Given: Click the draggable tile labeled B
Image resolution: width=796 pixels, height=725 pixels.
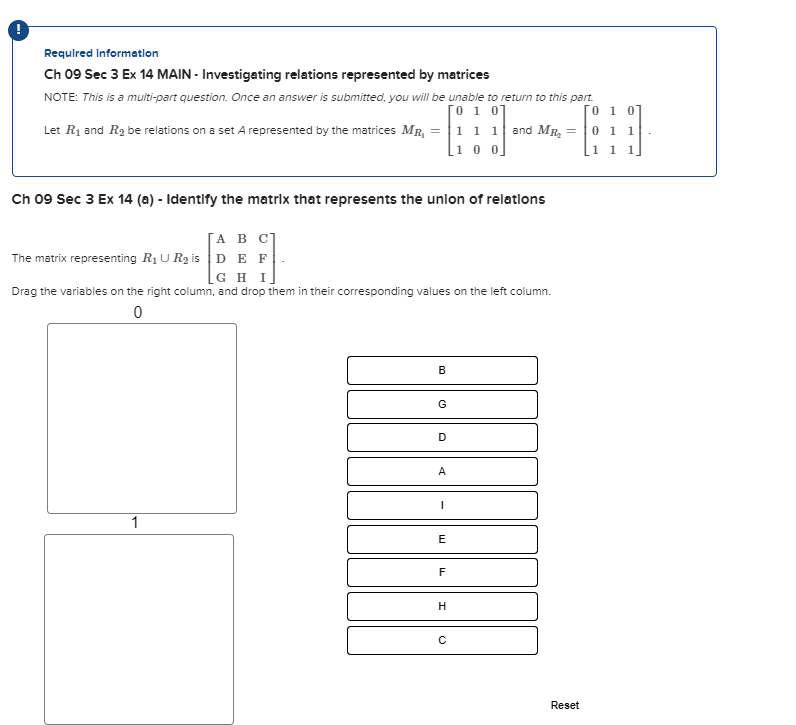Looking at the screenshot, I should [x=442, y=370].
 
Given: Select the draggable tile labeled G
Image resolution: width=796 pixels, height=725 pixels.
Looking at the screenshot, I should [x=442, y=404].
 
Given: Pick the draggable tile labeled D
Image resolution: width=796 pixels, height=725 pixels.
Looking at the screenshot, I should [x=442, y=438].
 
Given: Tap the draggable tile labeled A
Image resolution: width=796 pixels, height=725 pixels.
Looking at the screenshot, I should [x=442, y=472].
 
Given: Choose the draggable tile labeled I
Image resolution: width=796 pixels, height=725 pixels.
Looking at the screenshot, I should [x=442, y=505].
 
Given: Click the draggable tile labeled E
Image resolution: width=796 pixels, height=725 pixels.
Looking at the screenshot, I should [x=442, y=539].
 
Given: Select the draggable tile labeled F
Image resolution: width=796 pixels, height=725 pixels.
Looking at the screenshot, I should [x=442, y=573].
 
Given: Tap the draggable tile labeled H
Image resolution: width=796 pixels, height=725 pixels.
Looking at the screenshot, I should [x=442, y=606].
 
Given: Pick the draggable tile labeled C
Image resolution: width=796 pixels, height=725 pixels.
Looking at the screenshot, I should [x=442, y=640].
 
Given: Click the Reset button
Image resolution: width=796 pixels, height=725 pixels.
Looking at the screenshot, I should [x=564, y=705].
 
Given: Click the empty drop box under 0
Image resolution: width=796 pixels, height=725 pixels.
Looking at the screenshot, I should [x=142, y=418].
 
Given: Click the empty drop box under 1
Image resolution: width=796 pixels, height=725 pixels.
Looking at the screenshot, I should [x=139, y=629].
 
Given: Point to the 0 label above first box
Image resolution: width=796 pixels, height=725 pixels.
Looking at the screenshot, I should [x=137, y=313].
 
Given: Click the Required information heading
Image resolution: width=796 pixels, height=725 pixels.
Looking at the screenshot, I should [x=101, y=53].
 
